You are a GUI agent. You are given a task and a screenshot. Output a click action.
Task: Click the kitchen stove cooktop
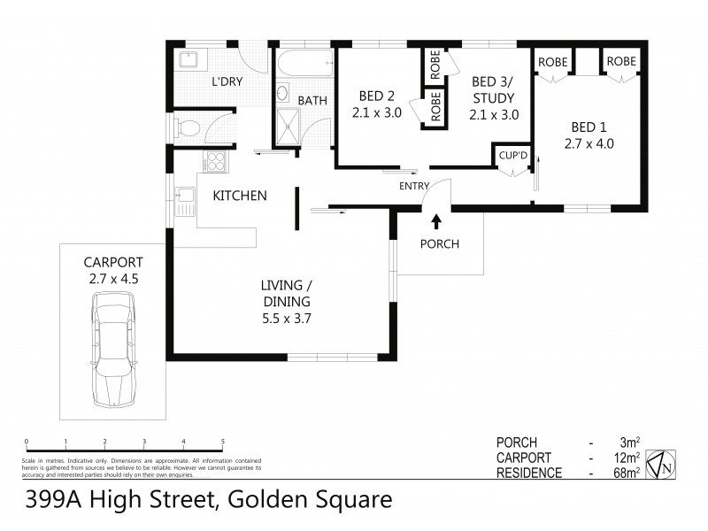(214, 161)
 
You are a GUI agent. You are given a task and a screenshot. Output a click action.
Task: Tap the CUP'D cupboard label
(512, 156)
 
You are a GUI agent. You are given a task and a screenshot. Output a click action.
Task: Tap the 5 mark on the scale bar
(222, 441)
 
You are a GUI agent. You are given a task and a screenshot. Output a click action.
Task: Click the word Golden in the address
(265, 501)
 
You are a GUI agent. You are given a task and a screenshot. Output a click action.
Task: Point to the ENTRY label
(414, 185)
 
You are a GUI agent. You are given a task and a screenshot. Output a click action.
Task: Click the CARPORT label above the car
(112, 263)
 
